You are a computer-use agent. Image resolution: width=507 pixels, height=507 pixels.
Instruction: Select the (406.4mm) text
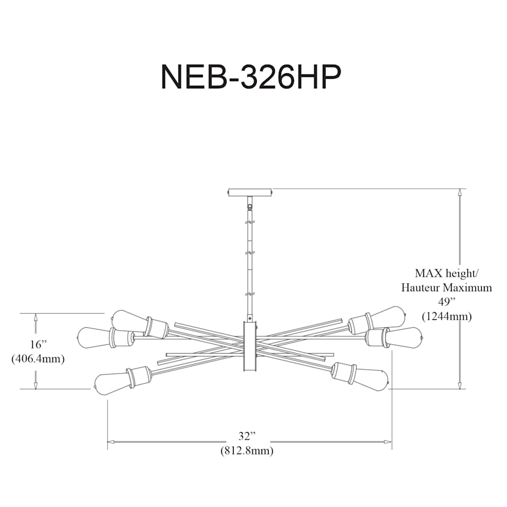pyautogui.click(x=37, y=358)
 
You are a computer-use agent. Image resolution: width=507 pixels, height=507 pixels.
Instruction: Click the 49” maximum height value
pyautogui.click(x=446, y=302)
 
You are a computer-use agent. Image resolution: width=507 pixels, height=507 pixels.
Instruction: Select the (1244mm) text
pyautogui.click(x=446, y=316)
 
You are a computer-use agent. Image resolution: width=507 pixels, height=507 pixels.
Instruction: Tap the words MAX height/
pyautogui.click(x=446, y=274)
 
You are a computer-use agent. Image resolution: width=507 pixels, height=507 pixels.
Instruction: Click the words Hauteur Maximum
pyautogui.click(x=446, y=288)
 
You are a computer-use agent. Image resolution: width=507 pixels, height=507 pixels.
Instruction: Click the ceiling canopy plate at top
pyautogui.click(x=250, y=192)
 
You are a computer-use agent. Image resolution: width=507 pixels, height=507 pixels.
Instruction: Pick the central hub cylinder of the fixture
pyautogui.click(x=250, y=346)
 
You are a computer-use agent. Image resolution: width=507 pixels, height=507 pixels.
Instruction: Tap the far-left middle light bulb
pyautogui.click(x=93, y=337)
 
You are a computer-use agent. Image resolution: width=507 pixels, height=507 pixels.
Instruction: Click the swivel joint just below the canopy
pyautogui.click(x=250, y=204)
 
